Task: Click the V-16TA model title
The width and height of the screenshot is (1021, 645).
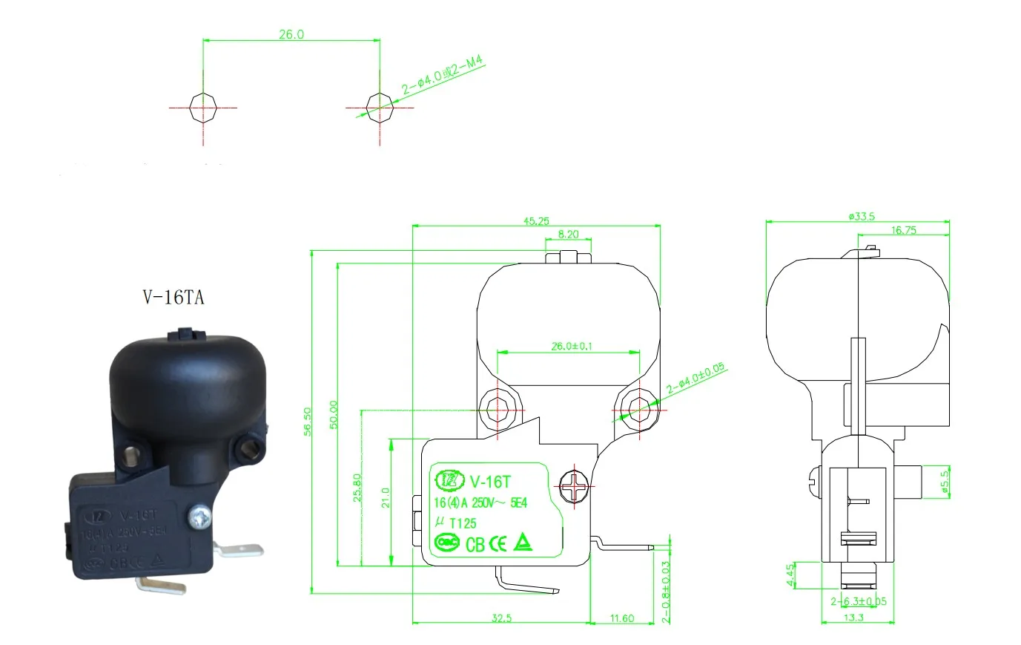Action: pos(173,298)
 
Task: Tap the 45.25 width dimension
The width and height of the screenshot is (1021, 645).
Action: pos(536,220)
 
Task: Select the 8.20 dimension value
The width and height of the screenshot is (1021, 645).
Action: pos(568,234)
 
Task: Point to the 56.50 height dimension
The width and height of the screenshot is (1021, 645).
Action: pos(308,421)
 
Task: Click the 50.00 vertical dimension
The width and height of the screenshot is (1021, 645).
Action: pos(334,414)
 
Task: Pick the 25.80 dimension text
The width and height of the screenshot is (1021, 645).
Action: pos(357,488)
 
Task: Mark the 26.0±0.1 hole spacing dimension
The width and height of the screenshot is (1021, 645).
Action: pos(572,346)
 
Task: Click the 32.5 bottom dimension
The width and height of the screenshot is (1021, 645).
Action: pos(501,618)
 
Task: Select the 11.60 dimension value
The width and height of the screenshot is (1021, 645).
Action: pos(621,618)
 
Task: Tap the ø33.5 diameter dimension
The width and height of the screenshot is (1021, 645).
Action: pos(862,216)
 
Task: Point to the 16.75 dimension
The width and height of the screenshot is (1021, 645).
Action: pos(903,230)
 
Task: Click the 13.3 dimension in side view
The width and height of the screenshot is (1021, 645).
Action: pos(853,618)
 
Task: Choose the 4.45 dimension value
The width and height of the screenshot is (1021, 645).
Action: pos(790,574)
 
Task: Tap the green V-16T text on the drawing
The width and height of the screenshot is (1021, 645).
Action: pos(490,481)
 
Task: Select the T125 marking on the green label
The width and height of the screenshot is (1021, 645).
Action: pos(463,523)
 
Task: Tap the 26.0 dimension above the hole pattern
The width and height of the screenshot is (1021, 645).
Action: pos(291,34)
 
